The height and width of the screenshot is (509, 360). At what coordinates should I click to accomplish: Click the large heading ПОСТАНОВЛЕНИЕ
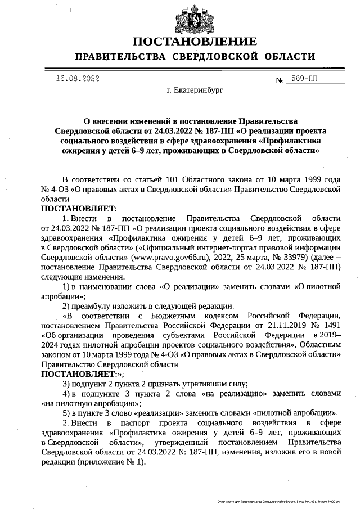click(x=195, y=42)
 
